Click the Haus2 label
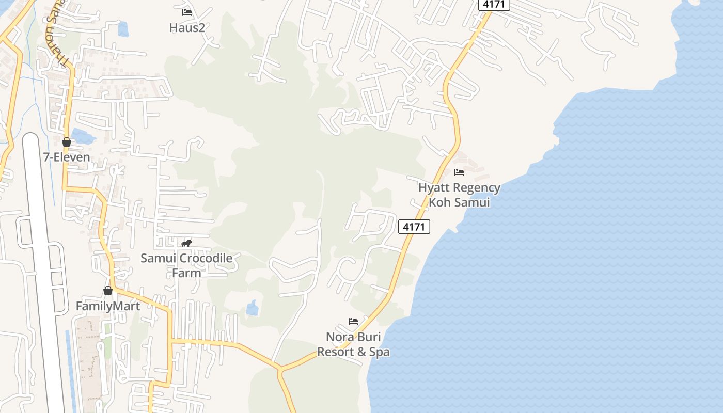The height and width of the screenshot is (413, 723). [187, 27]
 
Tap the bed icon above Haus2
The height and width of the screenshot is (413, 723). [187, 12]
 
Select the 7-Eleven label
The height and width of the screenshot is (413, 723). [67, 157]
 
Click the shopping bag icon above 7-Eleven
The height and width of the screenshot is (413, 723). [67, 142]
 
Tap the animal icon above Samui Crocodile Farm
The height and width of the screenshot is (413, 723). [186, 243]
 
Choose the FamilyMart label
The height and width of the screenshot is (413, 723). [108, 306]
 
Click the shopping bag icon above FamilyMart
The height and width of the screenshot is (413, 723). [108, 291]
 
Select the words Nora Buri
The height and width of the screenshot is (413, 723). [353, 337]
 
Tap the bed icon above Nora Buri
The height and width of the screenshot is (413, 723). [353, 322]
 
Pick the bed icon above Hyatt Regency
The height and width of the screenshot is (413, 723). [459, 172]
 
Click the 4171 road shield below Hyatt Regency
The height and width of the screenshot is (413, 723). [414, 227]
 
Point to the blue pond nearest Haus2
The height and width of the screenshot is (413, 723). [123, 29]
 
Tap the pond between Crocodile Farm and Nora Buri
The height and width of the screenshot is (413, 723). [252, 308]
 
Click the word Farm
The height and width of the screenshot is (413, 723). [186, 273]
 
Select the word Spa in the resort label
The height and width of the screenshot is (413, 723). [379, 352]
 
